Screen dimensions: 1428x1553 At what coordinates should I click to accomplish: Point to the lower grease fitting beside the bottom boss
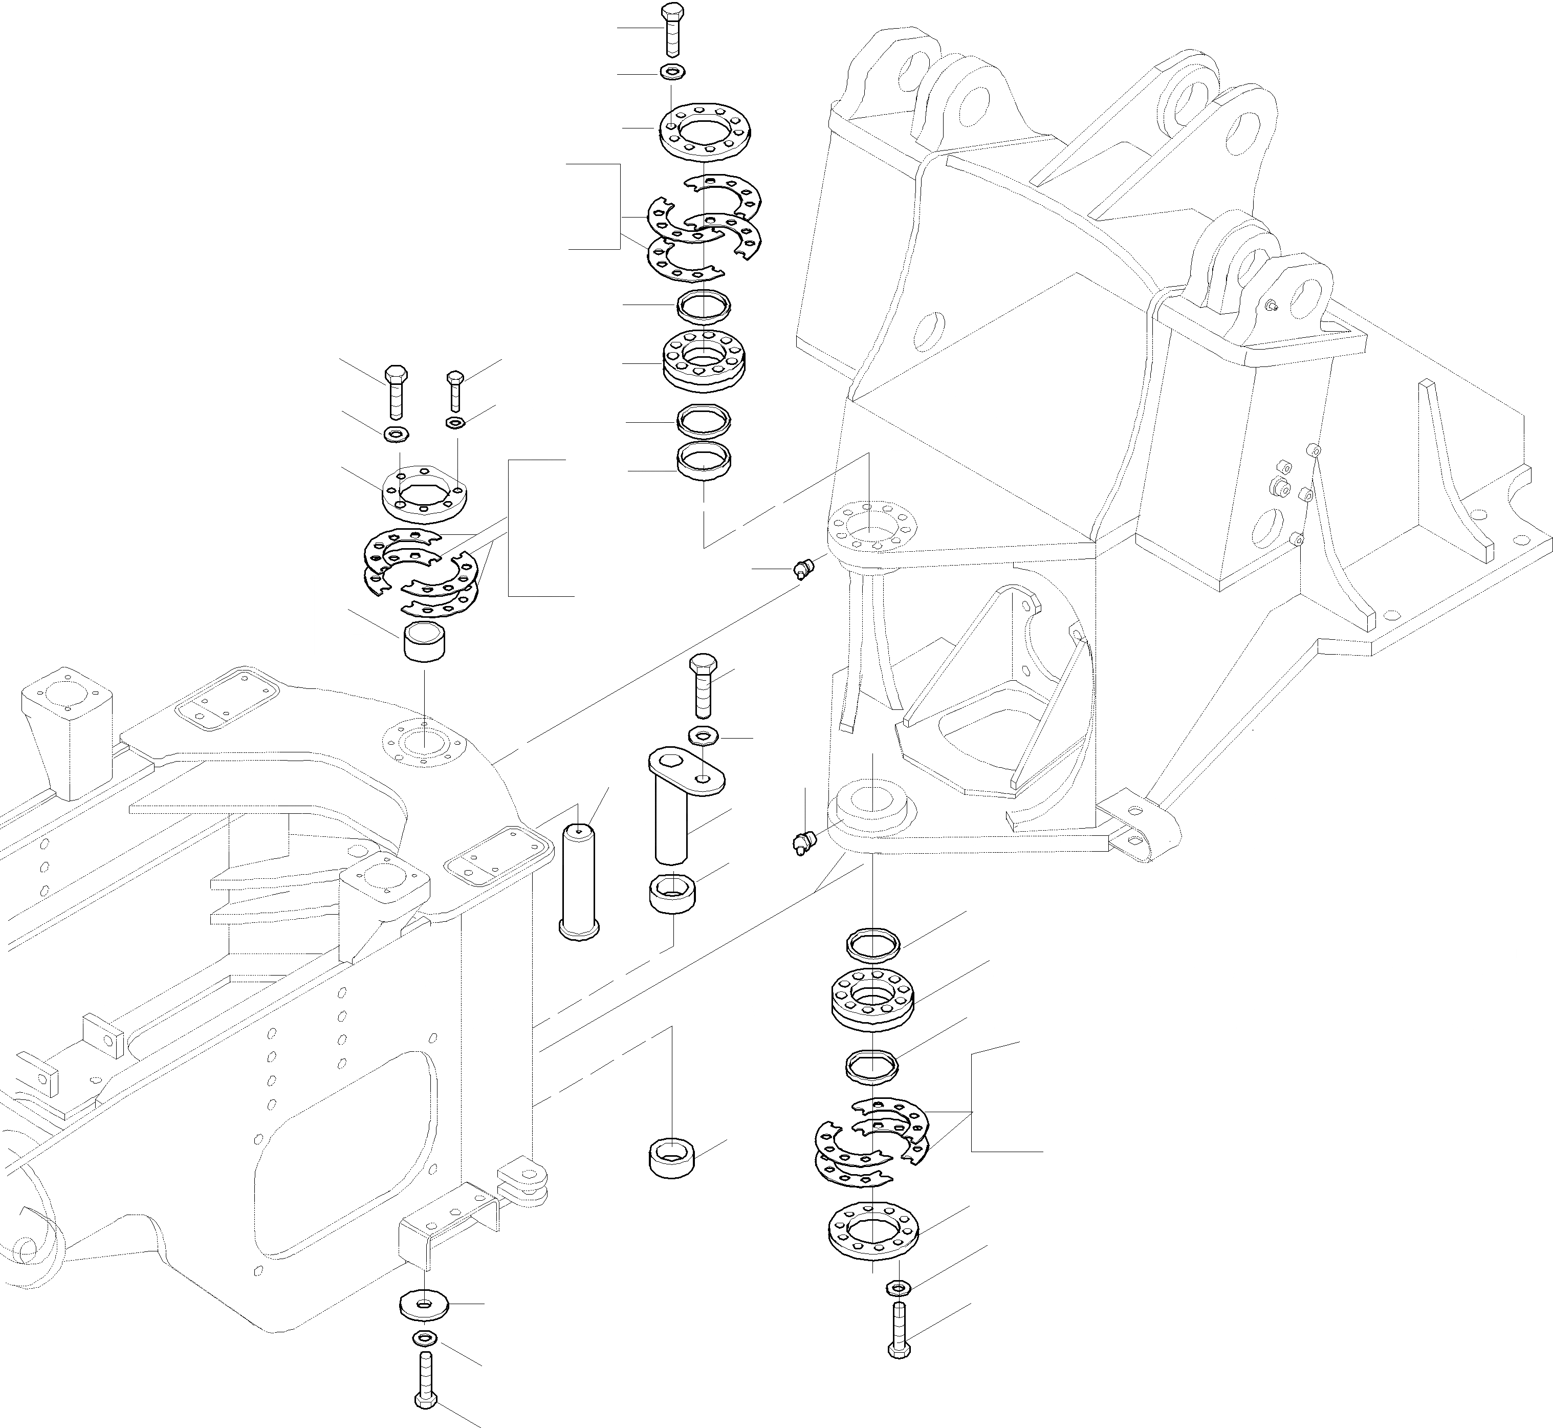(x=803, y=842)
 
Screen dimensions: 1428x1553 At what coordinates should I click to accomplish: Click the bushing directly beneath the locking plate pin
(x=671, y=893)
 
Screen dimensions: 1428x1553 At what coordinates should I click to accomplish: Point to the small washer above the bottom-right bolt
(x=899, y=1287)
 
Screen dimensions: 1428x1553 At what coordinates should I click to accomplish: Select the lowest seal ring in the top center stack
(x=704, y=461)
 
